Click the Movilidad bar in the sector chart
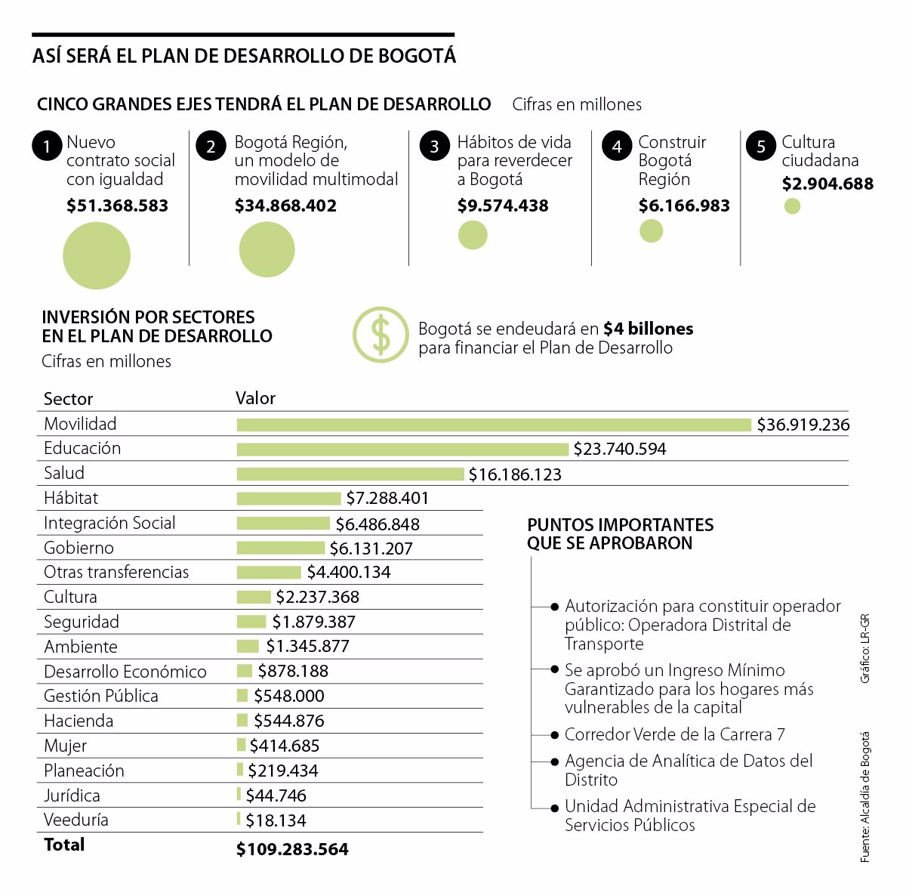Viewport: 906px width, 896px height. click(x=494, y=425)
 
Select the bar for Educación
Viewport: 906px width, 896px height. click(x=402, y=450)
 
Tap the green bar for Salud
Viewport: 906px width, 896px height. click(x=350, y=474)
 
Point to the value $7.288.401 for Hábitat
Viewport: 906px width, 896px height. click(x=387, y=499)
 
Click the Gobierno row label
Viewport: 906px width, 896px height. click(x=79, y=548)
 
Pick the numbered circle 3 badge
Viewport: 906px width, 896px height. click(x=434, y=146)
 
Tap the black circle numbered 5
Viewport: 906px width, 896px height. click(x=761, y=146)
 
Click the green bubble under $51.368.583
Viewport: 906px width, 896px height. click(x=97, y=255)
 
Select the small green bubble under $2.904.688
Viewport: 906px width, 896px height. click(x=792, y=205)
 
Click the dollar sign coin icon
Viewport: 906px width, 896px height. click(x=381, y=335)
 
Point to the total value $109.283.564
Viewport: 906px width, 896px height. click(x=292, y=849)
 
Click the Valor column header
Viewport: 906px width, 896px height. click(x=255, y=398)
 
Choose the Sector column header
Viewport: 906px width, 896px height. click(x=68, y=399)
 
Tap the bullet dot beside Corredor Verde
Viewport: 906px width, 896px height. click(x=556, y=735)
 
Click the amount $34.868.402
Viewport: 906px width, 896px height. click(x=285, y=205)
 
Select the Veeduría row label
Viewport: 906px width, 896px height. click(x=75, y=820)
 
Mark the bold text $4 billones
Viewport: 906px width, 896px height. click(x=648, y=329)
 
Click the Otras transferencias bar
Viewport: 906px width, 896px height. click(x=269, y=573)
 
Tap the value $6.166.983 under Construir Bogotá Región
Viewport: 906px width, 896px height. click(x=684, y=205)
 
